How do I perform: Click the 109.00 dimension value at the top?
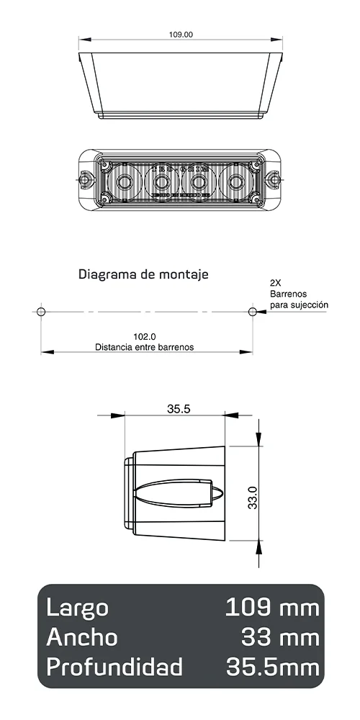coord(181,34)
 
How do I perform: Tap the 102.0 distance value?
coord(145,336)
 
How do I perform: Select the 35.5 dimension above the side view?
coord(178,409)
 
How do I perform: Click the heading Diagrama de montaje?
coord(143,274)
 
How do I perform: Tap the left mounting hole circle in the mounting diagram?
coord(41,311)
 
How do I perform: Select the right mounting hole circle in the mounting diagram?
coord(252,311)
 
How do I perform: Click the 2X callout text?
coord(276,283)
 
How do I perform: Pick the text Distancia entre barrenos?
coord(145,346)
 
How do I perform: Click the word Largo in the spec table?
coord(77,608)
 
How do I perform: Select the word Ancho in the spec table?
coord(81,637)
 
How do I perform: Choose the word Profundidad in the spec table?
coord(114,667)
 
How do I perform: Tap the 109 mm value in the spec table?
coord(271,608)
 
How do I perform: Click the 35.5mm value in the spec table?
coord(271,667)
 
